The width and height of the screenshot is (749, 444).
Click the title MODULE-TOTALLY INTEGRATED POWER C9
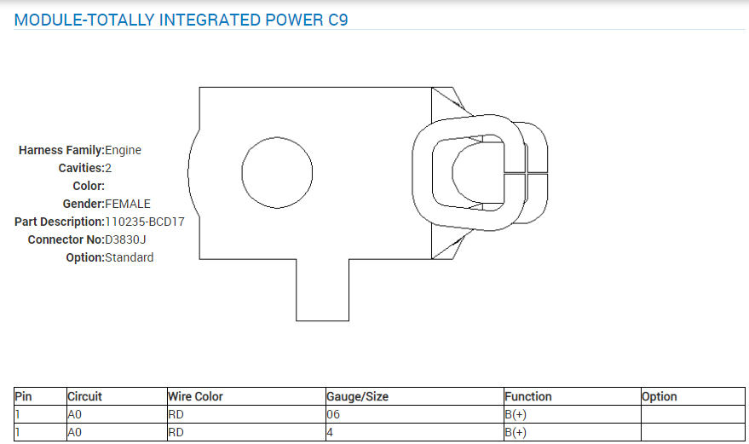(181, 20)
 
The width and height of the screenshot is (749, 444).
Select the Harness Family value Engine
(123, 150)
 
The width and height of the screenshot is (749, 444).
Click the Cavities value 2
(108, 168)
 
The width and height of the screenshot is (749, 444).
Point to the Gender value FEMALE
(127, 204)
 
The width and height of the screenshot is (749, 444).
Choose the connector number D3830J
(125, 239)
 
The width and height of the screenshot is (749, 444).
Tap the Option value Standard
(130, 257)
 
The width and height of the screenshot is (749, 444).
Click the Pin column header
(23, 396)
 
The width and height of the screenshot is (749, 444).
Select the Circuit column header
(85, 396)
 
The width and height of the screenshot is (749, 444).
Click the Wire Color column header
(195, 396)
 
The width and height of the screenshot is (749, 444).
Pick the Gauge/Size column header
(359, 396)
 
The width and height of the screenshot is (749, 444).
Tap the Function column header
(528, 396)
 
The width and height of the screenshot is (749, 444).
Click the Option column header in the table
(660, 396)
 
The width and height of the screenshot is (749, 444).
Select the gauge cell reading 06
(333, 414)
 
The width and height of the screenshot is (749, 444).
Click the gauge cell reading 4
(330, 432)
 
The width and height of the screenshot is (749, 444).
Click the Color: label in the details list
(89, 186)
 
